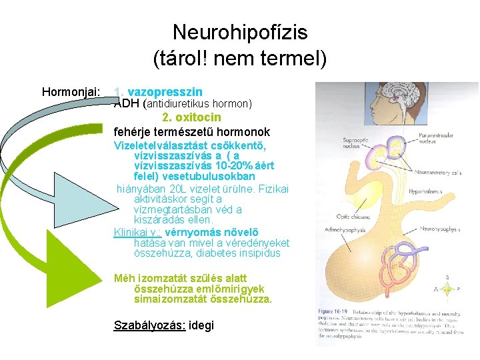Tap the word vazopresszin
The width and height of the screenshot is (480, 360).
pyautogui.click(x=165, y=91)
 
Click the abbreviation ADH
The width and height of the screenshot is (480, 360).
pyautogui.click(x=126, y=103)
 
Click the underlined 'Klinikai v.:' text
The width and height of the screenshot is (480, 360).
pyautogui.click(x=138, y=233)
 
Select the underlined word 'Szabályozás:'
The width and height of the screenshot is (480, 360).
pyautogui.click(x=151, y=326)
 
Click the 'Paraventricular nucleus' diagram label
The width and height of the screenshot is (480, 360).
pyautogui.click(x=435, y=138)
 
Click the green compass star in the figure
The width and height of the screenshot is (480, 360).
pyautogui.click(x=448, y=288)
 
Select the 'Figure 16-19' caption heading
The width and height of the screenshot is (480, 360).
pyautogui.click(x=333, y=311)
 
